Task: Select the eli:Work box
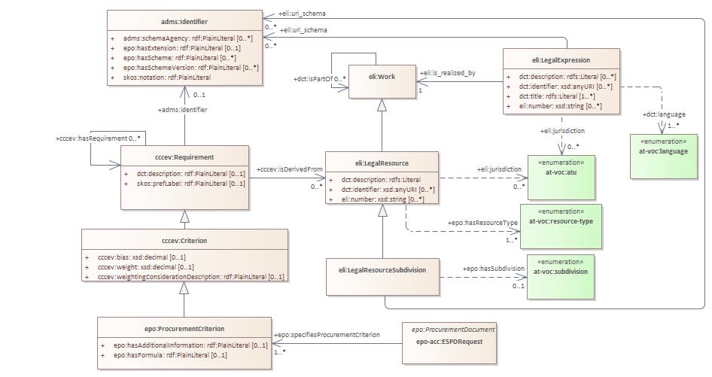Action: coord(382,77)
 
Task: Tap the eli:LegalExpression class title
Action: coord(561,59)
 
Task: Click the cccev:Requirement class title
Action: coord(184,157)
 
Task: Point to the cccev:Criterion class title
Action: coord(184,240)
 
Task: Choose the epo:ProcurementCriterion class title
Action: coord(184,328)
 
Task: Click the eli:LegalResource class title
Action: coord(382,163)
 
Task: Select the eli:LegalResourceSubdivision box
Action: coord(382,269)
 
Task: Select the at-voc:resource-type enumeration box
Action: coord(561,221)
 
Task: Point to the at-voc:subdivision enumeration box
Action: coord(560,270)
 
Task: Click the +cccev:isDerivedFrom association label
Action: coord(289,170)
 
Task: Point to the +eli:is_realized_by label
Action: coord(448,73)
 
